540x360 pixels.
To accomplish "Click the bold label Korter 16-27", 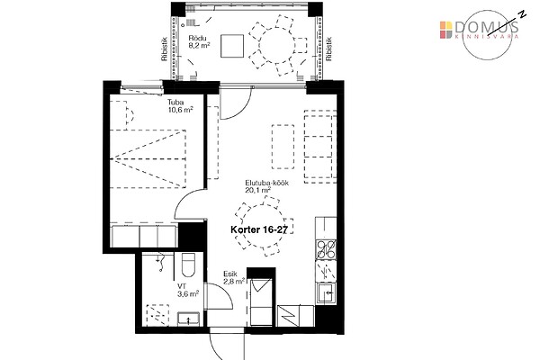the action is (258, 229).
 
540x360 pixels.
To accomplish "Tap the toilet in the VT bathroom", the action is (188, 265).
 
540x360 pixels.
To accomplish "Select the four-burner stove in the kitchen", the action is (326, 249).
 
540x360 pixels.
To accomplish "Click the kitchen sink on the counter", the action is (326, 292).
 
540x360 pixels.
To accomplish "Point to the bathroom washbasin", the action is (188, 319).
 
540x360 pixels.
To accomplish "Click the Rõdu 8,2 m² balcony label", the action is (199, 41).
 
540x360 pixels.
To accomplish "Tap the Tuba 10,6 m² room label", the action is (180, 106).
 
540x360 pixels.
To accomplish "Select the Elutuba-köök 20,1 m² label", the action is (266, 186).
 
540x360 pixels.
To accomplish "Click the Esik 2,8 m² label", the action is (234, 278).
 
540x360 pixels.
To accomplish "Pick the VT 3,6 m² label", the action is (188, 290).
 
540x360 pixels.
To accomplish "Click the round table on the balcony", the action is (276, 46).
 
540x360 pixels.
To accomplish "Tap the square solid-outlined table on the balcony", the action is (232, 46).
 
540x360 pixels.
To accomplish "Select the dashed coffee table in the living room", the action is (283, 147).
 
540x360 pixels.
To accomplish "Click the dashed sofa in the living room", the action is (320, 147).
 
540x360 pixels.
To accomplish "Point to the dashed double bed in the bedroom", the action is (148, 158).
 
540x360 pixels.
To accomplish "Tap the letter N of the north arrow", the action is (523, 13).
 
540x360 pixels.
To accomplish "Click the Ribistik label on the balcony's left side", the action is (165, 49).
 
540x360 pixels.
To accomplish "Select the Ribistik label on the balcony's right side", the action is (328, 49).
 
